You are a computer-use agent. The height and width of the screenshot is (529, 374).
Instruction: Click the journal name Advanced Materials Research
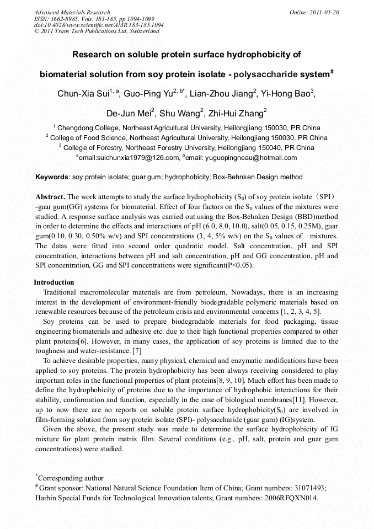[72, 12]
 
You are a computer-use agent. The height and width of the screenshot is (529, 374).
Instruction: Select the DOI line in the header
[99, 25]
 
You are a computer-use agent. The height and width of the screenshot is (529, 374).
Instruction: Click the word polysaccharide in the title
[266, 74]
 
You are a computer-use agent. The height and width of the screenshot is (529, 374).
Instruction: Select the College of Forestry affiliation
[100, 148]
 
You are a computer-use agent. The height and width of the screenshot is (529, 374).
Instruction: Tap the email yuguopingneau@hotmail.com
[257, 158]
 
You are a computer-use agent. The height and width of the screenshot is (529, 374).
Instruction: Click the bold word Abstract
[50, 197]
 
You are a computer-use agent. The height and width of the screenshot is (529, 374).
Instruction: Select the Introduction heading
[54, 282]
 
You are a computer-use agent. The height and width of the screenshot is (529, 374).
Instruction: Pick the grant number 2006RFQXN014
[290, 498]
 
